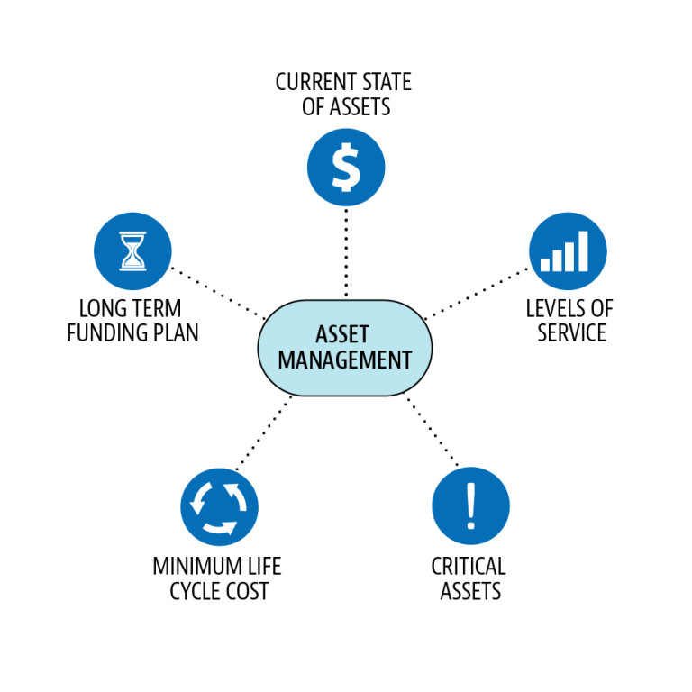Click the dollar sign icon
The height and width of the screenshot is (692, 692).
point(346,168)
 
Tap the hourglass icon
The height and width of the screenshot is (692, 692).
point(132,250)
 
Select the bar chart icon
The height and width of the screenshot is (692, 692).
point(567,250)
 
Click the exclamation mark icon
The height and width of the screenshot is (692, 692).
point(470,505)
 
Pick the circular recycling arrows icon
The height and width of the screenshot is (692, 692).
point(219,506)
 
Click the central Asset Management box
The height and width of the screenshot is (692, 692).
point(345,348)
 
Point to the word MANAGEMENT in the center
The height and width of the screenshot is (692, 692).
point(345,360)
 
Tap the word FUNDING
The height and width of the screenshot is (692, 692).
point(106,332)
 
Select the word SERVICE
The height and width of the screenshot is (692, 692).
point(571,332)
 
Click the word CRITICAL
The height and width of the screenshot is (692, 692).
point(469,567)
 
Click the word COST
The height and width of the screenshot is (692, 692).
point(244,592)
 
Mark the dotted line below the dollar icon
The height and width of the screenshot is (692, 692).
point(346,252)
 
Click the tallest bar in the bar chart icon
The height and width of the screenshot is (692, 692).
point(583,250)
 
